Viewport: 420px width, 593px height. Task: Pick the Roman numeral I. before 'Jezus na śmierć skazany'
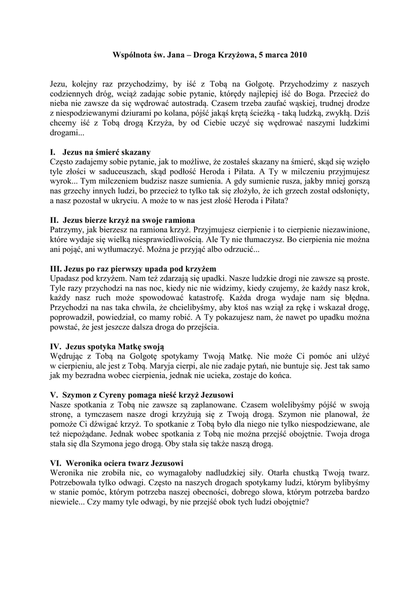53,152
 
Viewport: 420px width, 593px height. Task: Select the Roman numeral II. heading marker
55,220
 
